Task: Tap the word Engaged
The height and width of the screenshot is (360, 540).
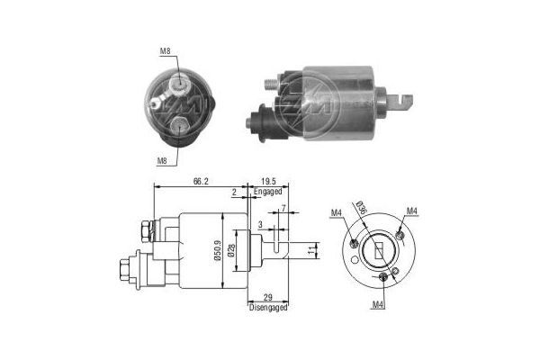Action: pos(267,192)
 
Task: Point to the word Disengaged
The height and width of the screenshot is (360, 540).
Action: pos(267,309)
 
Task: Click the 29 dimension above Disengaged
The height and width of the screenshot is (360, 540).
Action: pos(267,297)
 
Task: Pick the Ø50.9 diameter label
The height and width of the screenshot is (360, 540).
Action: pos(218,249)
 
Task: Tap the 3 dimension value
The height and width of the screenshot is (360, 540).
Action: pos(260,224)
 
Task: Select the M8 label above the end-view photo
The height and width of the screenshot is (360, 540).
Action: pos(164,51)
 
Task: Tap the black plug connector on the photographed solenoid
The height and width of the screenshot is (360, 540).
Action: pos(260,120)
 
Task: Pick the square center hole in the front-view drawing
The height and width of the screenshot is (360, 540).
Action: pos(377,246)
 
